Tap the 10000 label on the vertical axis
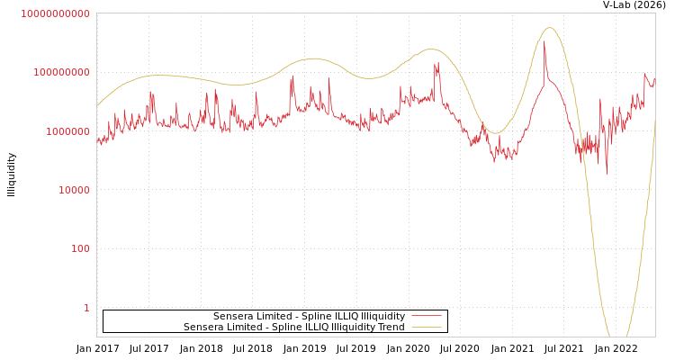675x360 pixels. pos(74,190)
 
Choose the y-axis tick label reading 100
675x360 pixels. pos(80,249)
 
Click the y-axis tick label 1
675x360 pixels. pos(86,308)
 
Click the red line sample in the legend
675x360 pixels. pos(427,317)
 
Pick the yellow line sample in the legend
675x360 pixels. pos(427,328)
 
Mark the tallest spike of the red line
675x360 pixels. pos(544,42)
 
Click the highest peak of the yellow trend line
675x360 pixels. pos(550,28)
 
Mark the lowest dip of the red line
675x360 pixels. pos(607,174)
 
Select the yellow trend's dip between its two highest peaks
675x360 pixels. pos(493,133)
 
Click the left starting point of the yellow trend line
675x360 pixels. pos(97,106)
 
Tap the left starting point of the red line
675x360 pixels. pos(97,139)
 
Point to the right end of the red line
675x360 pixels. pos(654,79)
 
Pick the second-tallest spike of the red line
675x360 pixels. pos(437,62)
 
